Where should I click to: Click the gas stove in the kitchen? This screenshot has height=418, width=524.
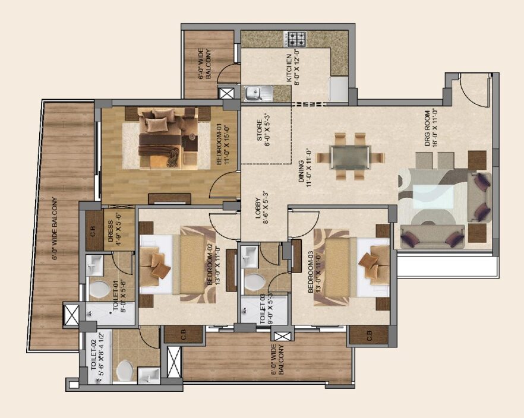(x=295, y=39)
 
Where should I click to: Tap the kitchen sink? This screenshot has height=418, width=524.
(x=258, y=93)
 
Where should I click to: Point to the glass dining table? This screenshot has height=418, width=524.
(x=349, y=157)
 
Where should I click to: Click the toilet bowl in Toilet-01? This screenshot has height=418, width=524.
(x=99, y=289)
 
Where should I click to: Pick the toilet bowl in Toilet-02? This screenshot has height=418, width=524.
(x=125, y=370)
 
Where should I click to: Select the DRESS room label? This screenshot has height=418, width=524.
(x=114, y=229)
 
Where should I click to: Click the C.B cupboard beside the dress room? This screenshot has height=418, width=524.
(x=94, y=230)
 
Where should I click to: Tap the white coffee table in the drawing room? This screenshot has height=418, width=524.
(x=434, y=197)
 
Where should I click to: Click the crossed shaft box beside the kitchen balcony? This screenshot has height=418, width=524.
(x=226, y=93)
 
